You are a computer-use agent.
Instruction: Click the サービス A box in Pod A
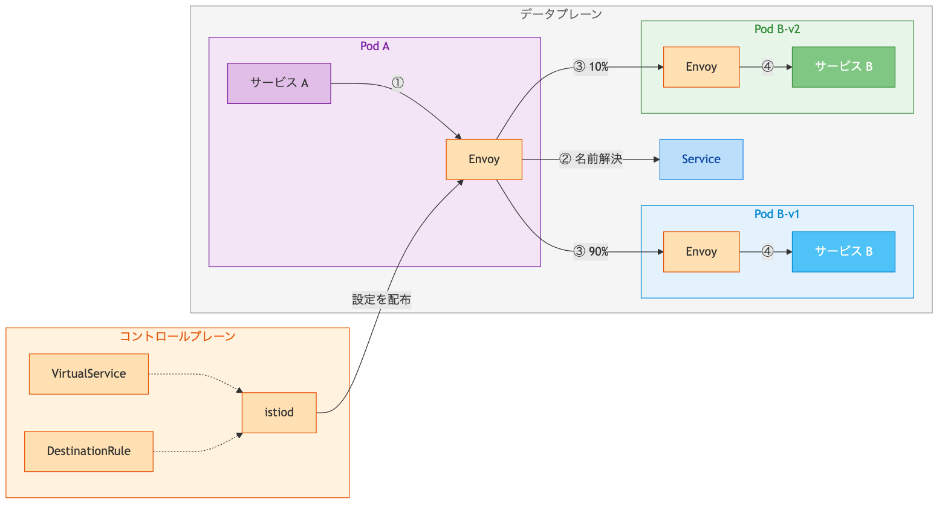[279, 83]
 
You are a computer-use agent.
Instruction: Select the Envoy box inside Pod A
[484, 160]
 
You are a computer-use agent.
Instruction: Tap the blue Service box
[701, 160]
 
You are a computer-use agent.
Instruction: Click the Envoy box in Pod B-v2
[701, 67]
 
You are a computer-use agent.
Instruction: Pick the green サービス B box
[843, 67]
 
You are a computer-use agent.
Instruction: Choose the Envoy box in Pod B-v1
[701, 252]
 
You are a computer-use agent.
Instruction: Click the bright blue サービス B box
[843, 252]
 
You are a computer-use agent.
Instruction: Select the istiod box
[279, 413]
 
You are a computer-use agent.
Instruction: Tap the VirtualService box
[89, 374]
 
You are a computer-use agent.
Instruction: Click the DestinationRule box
[89, 451]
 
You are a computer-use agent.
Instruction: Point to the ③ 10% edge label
[591, 67]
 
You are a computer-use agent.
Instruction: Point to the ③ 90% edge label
[591, 252]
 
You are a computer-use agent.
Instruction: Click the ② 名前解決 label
[591, 160]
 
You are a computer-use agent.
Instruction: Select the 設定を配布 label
[381, 300]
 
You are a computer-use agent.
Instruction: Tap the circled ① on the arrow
[397, 83]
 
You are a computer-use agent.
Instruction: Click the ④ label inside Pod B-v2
[767, 67]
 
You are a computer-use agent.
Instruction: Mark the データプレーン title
[561, 14]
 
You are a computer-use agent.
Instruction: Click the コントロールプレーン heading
[177, 337]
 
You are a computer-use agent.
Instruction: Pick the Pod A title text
[374, 47]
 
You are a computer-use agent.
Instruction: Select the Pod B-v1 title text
[777, 215]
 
